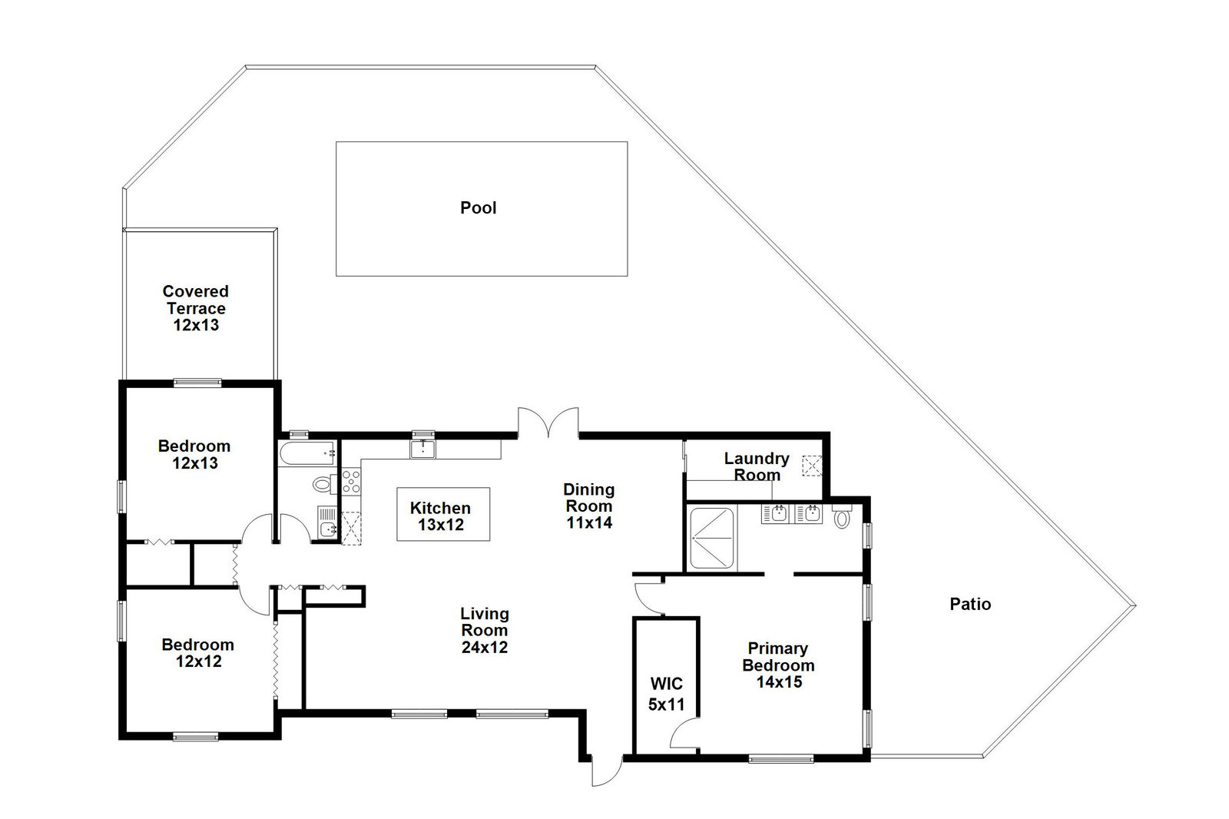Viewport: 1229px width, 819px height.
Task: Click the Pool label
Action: coord(479,207)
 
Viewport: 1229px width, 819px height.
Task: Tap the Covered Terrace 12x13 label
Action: coord(196,308)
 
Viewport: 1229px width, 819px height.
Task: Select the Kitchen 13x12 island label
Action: coord(441,516)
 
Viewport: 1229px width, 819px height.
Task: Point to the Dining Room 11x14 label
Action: coord(589,506)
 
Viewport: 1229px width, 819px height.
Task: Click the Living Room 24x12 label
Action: coord(485,630)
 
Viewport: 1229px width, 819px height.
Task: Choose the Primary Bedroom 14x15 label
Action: coord(779,665)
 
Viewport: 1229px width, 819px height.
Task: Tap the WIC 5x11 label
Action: coord(667,694)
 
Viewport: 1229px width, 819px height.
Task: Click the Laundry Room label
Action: coord(757,466)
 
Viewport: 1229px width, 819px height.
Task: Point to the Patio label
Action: coord(970,605)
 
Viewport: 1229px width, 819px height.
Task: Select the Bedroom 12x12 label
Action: coord(198,653)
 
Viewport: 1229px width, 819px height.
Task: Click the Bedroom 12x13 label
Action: coord(195,455)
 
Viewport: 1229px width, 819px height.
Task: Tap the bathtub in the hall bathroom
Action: coord(307,453)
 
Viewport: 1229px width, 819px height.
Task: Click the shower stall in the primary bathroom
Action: coord(711,539)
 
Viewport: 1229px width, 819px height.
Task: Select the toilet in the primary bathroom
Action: coord(842,516)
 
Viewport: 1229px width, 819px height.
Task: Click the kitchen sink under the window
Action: coord(423,449)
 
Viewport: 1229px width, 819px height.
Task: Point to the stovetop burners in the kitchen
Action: coord(351,480)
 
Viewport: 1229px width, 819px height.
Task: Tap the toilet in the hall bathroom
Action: coord(323,484)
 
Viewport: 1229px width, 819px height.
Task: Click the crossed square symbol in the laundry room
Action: coord(812,466)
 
